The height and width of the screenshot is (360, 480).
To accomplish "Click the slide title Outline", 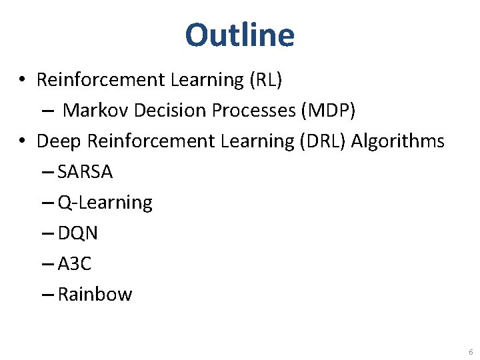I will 239,35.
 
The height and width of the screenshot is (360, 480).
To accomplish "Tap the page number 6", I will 471,352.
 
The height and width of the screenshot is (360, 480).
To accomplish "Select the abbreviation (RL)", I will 266,80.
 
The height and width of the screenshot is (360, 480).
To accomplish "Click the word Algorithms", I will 398,141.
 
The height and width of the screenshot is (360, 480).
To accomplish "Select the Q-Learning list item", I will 105,203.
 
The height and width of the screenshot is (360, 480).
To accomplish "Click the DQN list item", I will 78,233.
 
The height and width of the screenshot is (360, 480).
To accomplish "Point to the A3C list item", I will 75,264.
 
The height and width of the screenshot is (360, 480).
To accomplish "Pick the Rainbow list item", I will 95,295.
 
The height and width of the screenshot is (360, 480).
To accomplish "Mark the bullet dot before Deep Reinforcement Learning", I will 23,142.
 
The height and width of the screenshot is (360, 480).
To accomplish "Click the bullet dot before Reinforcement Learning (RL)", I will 23,81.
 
